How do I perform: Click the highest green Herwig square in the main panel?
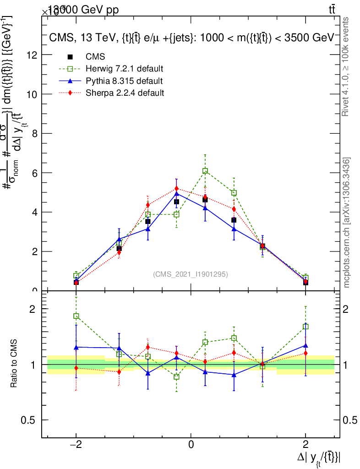click(205, 171)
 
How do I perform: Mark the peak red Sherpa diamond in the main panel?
click(176, 189)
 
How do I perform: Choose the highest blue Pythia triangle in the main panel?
click(176, 194)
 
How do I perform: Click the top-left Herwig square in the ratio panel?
click(76, 316)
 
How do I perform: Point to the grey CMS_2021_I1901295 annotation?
click(191, 274)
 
